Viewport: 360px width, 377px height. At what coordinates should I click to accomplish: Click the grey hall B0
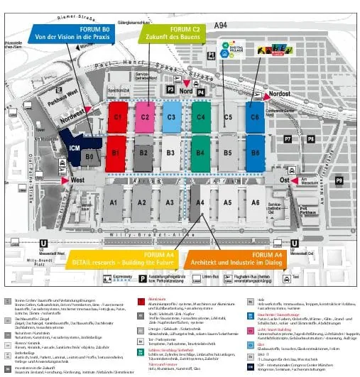coord(89,156)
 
